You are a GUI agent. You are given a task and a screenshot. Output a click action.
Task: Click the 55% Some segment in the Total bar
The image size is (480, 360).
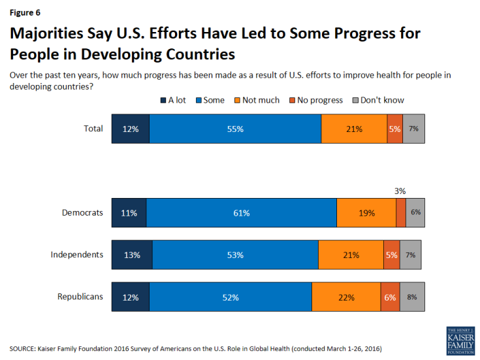[235, 129]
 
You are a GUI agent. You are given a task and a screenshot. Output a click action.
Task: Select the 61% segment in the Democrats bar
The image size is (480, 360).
[241, 212]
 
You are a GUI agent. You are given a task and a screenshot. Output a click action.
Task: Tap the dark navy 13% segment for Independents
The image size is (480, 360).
[131, 255]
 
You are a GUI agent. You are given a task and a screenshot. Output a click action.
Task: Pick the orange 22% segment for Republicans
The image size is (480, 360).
[346, 297]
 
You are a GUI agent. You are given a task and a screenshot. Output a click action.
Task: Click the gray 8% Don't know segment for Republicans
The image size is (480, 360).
[412, 297]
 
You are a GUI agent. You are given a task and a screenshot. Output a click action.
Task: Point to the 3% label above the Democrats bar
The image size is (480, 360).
[400, 191]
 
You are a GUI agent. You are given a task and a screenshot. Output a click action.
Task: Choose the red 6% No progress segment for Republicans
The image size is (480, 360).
[390, 297]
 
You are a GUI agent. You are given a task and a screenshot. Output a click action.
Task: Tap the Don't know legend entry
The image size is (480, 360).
[378, 100]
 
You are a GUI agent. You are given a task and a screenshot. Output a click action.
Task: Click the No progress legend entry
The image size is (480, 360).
[318, 100]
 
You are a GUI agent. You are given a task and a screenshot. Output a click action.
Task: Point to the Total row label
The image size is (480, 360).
[93, 128]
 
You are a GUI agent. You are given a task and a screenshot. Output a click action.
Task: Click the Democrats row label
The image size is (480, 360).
[82, 212]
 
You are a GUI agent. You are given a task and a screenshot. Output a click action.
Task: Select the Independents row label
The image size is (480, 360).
[77, 254]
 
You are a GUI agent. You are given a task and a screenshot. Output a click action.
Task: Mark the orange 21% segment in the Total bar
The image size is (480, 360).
[354, 129]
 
